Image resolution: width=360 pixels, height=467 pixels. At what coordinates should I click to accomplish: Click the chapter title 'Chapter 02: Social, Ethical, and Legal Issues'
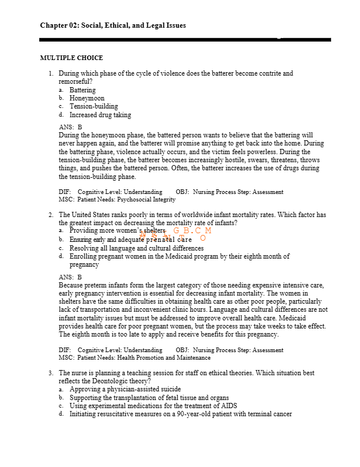[113, 25]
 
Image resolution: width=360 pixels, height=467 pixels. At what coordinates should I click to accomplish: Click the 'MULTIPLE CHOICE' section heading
[72, 58]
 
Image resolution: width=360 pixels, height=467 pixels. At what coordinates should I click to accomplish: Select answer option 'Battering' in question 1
[82, 90]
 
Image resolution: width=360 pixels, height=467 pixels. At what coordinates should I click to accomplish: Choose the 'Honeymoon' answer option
[87, 98]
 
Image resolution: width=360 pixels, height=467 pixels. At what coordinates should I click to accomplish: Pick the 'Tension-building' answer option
[93, 106]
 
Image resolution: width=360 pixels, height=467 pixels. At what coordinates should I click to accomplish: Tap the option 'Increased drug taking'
[100, 115]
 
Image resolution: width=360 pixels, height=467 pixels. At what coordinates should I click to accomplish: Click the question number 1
[51, 74]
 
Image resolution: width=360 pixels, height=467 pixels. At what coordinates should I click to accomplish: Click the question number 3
[51, 373]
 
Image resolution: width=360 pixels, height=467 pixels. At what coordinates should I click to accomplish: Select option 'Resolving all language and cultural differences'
[137, 248]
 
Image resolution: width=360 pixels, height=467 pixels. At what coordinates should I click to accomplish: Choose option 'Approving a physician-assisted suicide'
[125, 390]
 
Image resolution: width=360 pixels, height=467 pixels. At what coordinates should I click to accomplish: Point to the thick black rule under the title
[185, 39]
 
